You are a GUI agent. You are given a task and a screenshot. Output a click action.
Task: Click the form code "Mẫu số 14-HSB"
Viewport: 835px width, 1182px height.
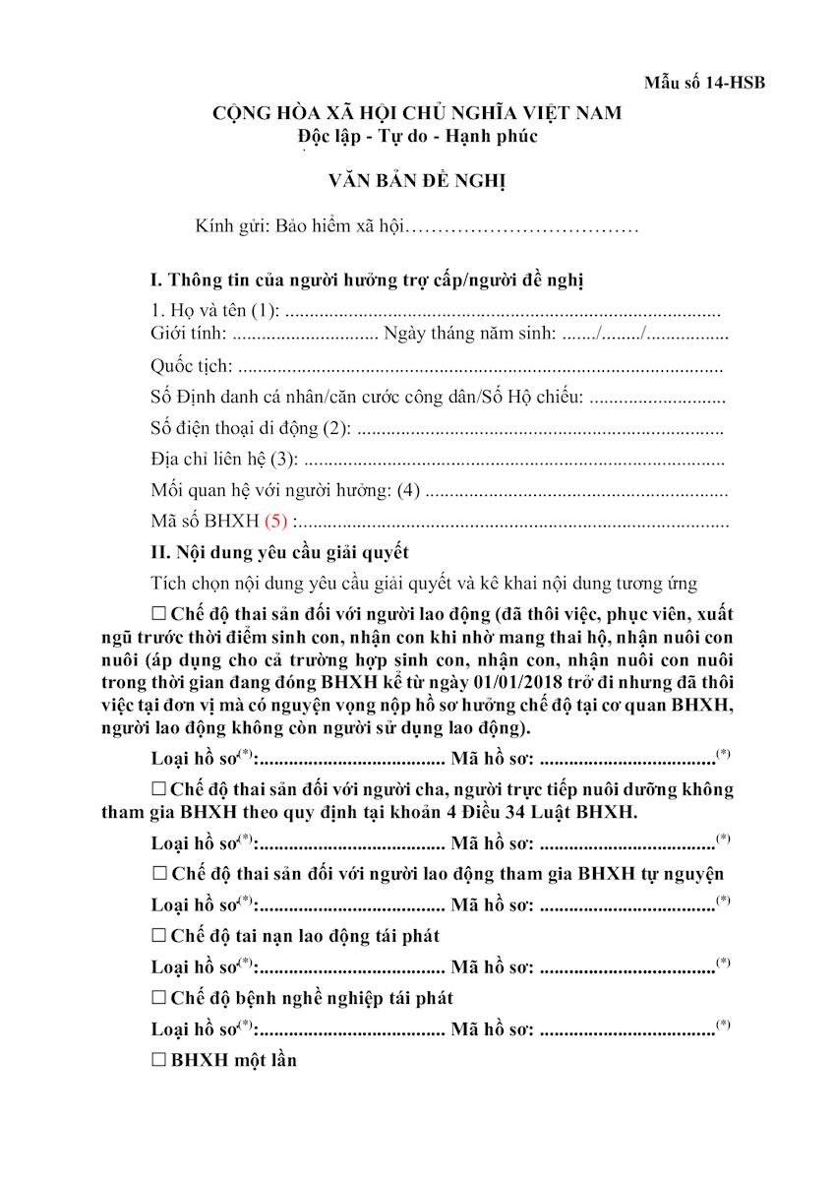[x=704, y=83]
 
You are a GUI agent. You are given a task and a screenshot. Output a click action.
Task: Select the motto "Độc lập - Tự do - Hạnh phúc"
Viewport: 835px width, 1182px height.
[x=417, y=137]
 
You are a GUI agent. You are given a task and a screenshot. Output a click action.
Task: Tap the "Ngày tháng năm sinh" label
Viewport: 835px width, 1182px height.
[x=469, y=335]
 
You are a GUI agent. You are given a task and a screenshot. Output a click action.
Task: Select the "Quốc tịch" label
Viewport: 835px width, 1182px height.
[x=192, y=367]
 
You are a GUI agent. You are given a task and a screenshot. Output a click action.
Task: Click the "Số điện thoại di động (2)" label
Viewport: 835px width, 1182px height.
[x=251, y=429]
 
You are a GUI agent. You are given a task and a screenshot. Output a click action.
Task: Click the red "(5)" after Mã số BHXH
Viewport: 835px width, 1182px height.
[x=275, y=522]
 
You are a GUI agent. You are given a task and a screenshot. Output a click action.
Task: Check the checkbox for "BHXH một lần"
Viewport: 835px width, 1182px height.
[x=159, y=1060]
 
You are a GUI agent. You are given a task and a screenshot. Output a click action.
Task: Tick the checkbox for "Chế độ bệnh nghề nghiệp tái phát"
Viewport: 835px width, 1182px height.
[x=159, y=997]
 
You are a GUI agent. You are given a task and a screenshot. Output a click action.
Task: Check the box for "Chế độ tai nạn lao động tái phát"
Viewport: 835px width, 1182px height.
[x=159, y=935]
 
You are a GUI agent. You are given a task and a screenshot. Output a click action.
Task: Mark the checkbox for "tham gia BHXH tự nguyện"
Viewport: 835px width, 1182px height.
[x=159, y=873]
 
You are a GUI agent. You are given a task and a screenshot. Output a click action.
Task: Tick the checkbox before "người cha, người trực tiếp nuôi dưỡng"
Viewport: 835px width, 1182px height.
[x=159, y=788]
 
